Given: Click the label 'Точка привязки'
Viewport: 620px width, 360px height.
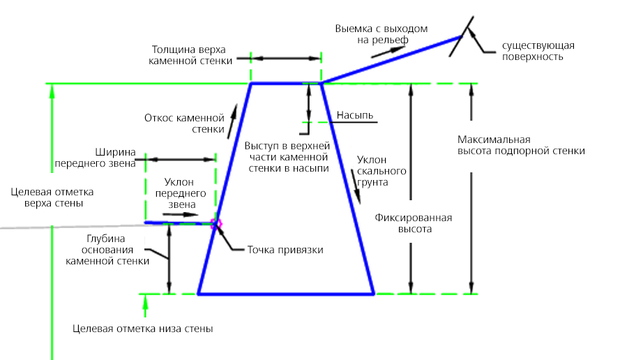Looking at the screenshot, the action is point(285,250).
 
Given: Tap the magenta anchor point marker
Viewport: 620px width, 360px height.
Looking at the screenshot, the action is point(216,224).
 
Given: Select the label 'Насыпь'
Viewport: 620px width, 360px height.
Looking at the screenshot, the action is point(355,115).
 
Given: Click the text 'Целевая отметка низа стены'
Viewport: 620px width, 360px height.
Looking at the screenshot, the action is point(143,329).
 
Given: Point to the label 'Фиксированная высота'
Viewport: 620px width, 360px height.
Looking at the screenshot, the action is point(414,223).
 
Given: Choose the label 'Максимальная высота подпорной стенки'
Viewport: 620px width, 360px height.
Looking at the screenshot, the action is point(521,145).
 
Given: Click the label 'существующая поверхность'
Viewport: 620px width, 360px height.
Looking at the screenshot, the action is point(538,51).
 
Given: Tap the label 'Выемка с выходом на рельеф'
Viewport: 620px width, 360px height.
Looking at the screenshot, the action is point(381,34).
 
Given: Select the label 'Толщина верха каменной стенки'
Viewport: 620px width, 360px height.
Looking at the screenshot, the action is point(190,55).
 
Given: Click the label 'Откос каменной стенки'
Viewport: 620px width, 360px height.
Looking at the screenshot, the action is point(184,123).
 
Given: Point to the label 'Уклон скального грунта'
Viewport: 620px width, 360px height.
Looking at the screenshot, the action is point(381,171).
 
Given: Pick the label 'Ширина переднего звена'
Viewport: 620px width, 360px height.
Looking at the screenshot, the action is point(96,158).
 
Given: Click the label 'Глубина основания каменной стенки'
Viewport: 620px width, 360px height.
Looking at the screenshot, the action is point(107,250).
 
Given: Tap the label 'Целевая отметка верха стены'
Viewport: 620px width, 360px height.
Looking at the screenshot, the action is point(52,198).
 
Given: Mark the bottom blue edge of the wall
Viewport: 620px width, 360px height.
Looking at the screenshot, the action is point(286,294).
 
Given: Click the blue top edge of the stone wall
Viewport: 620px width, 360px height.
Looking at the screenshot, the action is point(286,83).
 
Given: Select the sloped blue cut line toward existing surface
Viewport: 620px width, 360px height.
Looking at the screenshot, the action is point(391,60).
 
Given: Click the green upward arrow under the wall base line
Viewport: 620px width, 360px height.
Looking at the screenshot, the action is point(145,306).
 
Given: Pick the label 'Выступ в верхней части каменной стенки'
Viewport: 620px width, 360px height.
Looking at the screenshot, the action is point(287,157).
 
